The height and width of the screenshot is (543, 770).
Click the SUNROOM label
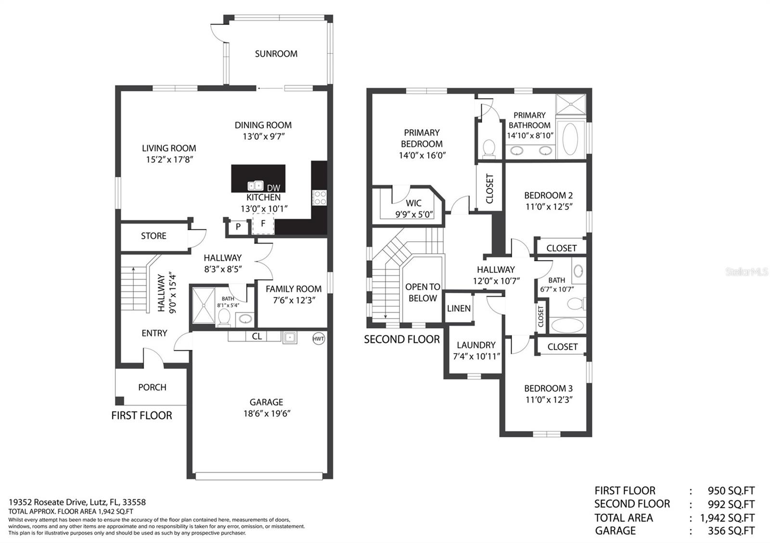276,54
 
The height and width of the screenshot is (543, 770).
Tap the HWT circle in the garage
319,338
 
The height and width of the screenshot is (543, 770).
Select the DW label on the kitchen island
273,188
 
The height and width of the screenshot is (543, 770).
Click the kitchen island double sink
256,185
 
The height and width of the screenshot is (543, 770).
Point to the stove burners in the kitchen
320,197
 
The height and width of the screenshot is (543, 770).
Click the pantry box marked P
238,226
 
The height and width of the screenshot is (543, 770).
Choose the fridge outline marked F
263,224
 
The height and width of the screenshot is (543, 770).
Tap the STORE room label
154,236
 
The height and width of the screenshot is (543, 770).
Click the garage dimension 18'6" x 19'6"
267,414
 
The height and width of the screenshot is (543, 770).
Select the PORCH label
152,387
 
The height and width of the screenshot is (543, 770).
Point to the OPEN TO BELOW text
423,292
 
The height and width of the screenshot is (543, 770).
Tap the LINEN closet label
459,309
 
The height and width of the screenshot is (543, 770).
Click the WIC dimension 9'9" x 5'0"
414,215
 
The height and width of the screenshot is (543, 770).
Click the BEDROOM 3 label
548,388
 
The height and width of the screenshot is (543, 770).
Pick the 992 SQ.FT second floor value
731,504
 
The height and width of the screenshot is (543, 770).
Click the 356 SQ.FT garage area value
731,531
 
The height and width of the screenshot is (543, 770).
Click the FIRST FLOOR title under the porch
141,416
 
